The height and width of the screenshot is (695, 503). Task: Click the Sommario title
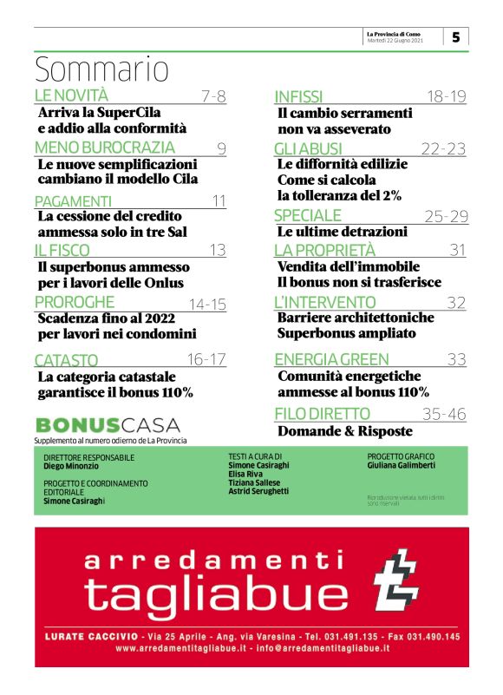pyautogui.click(x=102, y=68)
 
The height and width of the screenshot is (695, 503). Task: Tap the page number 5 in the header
pyautogui.click(x=456, y=36)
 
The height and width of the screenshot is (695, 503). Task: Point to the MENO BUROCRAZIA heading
pyautogui.click(x=104, y=148)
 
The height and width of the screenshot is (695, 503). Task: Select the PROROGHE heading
pyautogui.click(x=74, y=302)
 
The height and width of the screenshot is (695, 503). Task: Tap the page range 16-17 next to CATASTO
pyautogui.click(x=206, y=358)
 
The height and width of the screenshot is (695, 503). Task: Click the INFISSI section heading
pyautogui.click(x=298, y=96)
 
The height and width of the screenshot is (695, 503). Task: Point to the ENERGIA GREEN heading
pyautogui.click(x=331, y=359)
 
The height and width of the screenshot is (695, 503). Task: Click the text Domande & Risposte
pyautogui.click(x=345, y=430)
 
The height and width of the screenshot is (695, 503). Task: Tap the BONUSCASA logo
pyautogui.click(x=108, y=425)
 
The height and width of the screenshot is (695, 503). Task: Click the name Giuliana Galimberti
pyautogui.click(x=402, y=466)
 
